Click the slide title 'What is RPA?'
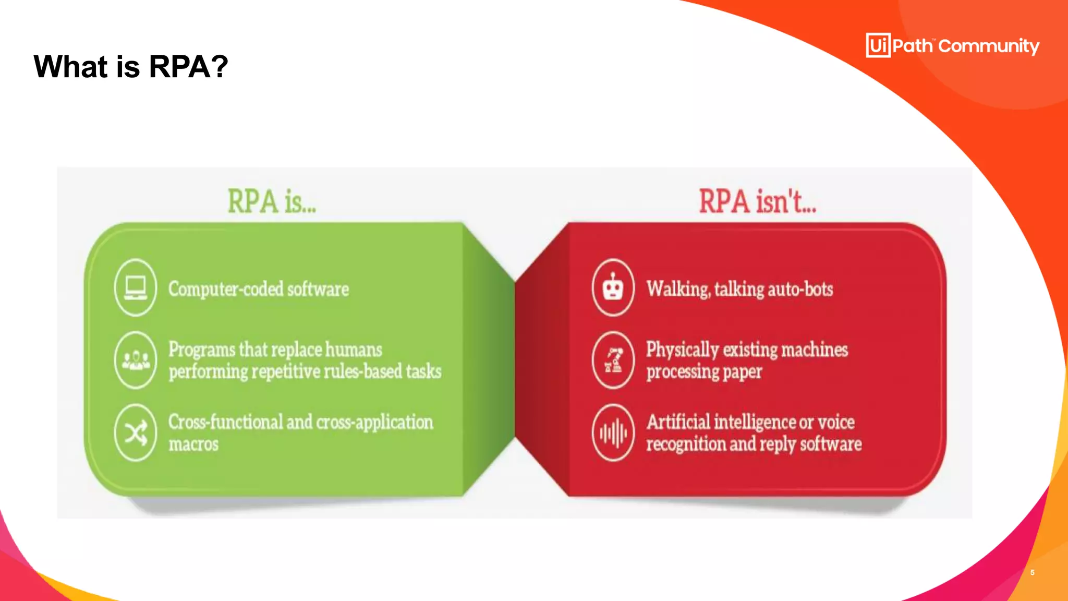coord(131,67)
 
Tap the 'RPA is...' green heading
coord(272,202)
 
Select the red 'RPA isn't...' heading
coord(757,202)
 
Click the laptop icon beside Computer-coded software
coord(136,287)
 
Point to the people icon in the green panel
coord(136,360)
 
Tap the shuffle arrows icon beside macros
coord(136,432)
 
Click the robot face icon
coord(613,287)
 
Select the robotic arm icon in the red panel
coord(613,360)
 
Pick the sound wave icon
coord(613,433)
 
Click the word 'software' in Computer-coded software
coord(318,289)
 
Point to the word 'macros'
coord(193,444)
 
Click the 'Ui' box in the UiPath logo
coord(878,45)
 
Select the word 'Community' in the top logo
coord(989,46)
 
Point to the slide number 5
coord(1033,572)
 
